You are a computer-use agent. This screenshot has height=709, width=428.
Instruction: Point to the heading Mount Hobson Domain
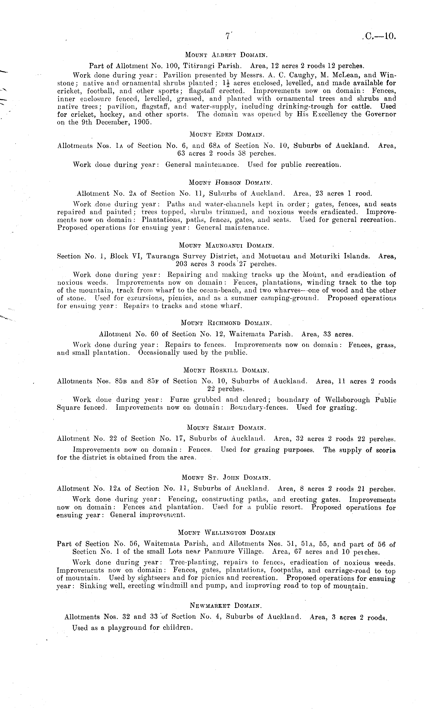coord(230,182)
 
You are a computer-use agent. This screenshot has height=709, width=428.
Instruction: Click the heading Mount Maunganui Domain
coord(226,245)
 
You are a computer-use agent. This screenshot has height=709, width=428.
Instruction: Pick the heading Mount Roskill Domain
coord(226,370)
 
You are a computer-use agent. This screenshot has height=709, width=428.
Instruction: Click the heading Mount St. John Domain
coord(226,478)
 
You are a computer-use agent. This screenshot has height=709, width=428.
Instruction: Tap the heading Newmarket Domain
coord(226,606)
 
